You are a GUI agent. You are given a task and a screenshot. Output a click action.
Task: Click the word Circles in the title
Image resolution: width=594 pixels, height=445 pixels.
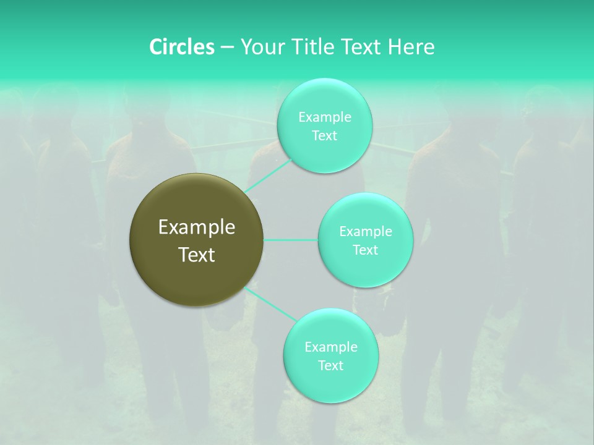[x=181, y=47]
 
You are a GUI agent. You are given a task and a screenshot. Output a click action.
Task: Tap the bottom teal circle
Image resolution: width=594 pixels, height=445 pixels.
[x=330, y=383]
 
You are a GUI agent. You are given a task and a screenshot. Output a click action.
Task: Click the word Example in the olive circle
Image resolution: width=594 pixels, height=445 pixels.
[x=197, y=227]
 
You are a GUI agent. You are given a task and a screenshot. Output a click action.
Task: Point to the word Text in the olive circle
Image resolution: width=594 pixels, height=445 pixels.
[x=197, y=255]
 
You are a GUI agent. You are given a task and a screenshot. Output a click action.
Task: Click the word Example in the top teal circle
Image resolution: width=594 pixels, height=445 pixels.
[x=324, y=117]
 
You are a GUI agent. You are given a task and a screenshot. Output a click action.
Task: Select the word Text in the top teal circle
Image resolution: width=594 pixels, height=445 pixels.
[x=324, y=136]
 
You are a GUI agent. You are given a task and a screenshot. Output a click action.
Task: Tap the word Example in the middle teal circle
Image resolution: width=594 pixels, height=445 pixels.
[x=365, y=232]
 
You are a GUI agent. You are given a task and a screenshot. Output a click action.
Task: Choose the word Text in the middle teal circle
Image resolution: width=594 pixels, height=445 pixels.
[x=365, y=250]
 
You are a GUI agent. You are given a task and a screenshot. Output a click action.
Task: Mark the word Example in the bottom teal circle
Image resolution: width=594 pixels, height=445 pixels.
[x=330, y=347]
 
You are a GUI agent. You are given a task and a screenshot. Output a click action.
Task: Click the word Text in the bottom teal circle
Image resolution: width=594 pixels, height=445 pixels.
[x=330, y=366]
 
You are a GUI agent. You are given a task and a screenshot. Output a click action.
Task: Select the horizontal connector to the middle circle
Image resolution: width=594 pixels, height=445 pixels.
[x=291, y=240]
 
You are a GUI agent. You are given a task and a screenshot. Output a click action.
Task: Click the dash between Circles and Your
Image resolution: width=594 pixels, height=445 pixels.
[x=227, y=47]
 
